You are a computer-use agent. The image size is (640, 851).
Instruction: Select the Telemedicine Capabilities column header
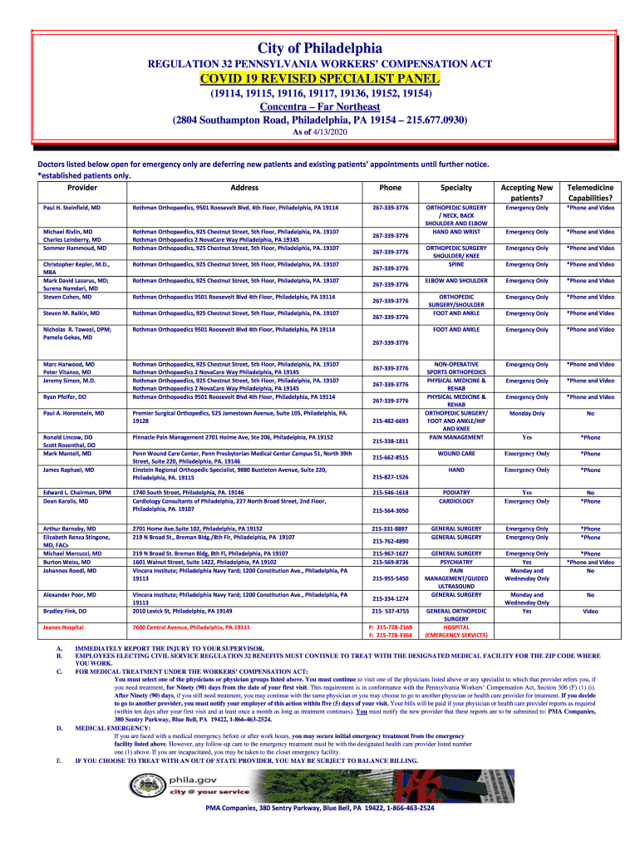tap(590, 193)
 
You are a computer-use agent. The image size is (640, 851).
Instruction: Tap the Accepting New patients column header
tap(527, 193)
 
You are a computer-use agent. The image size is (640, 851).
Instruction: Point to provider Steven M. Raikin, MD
tap(71, 313)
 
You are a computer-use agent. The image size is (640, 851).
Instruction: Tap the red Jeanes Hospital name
tap(63, 627)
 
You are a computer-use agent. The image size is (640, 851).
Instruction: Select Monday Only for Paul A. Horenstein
tap(527, 413)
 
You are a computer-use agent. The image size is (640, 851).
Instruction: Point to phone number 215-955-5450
tap(390, 578)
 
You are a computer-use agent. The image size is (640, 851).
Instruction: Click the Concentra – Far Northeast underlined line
tap(320, 107)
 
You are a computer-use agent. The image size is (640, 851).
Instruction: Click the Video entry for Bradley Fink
tap(590, 611)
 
